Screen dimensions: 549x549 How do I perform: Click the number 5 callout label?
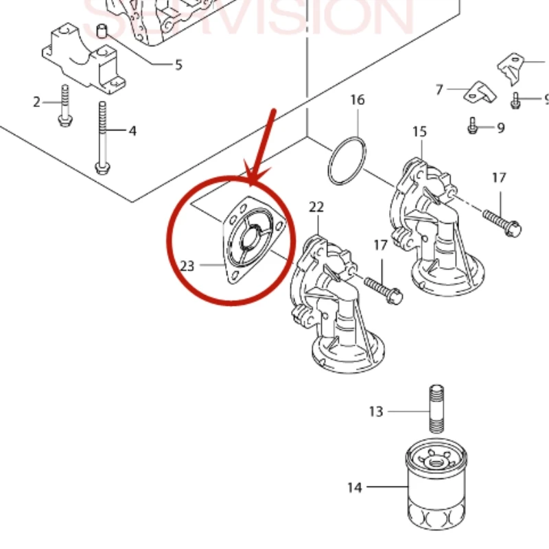click(178, 65)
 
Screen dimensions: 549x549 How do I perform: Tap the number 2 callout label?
click(37, 103)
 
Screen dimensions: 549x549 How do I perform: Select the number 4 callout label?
click(132, 130)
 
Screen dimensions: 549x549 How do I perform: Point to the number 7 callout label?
click(439, 89)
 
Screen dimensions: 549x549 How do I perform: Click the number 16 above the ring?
click(358, 100)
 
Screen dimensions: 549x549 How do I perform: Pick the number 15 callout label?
click(419, 132)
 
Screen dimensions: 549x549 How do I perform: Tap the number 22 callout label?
click(316, 207)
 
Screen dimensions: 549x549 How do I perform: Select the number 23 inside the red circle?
click(187, 266)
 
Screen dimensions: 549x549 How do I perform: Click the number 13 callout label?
click(376, 412)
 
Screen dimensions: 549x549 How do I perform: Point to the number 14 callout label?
click(354, 488)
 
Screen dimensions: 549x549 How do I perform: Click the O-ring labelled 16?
click(347, 161)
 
